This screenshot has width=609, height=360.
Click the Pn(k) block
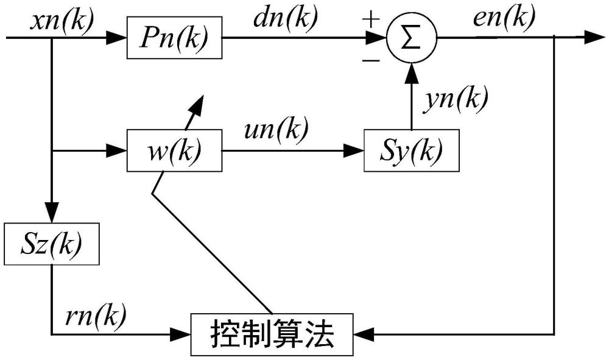click(174, 38)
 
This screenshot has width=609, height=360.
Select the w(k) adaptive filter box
click(174, 150)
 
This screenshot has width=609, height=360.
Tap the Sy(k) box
click(412, 150)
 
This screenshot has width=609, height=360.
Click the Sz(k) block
click(52, 244)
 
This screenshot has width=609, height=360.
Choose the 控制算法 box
click(272, 334)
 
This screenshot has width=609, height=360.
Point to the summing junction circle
click(412, 38)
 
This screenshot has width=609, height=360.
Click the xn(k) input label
click(62, 19)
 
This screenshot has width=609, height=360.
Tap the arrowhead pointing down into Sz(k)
click(52, 218)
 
